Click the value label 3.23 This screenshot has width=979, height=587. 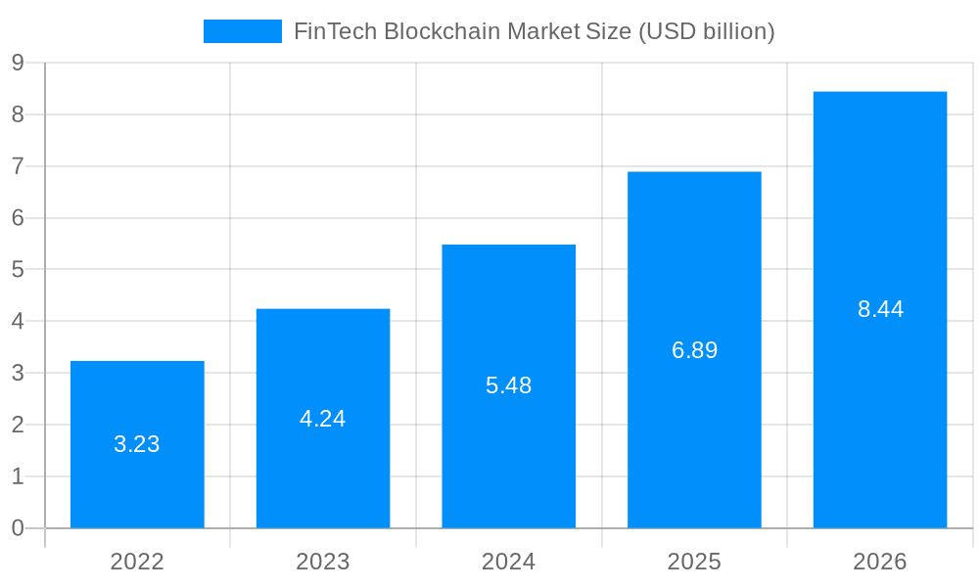click(137, 444)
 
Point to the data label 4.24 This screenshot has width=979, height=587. click(323, 419)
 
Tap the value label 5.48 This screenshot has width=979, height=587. click(508, 385)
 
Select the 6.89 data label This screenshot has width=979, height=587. click(694, 350)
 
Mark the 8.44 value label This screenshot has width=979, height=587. click(880, 309)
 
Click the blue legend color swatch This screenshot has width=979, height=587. click(242, 31)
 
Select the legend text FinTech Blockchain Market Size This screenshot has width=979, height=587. click(534, 31)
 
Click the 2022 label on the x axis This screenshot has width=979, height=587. click(137, 562)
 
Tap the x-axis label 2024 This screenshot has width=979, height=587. click(508, 562)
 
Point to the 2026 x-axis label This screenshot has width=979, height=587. click(880, 562)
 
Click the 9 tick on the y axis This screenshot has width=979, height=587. click(18, 63)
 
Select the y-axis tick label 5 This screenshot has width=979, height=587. click(18, 270)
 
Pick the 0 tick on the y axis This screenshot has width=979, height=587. click(18, 528)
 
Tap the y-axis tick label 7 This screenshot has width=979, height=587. click(18, 166)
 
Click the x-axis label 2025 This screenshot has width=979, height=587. click(694, 562)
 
